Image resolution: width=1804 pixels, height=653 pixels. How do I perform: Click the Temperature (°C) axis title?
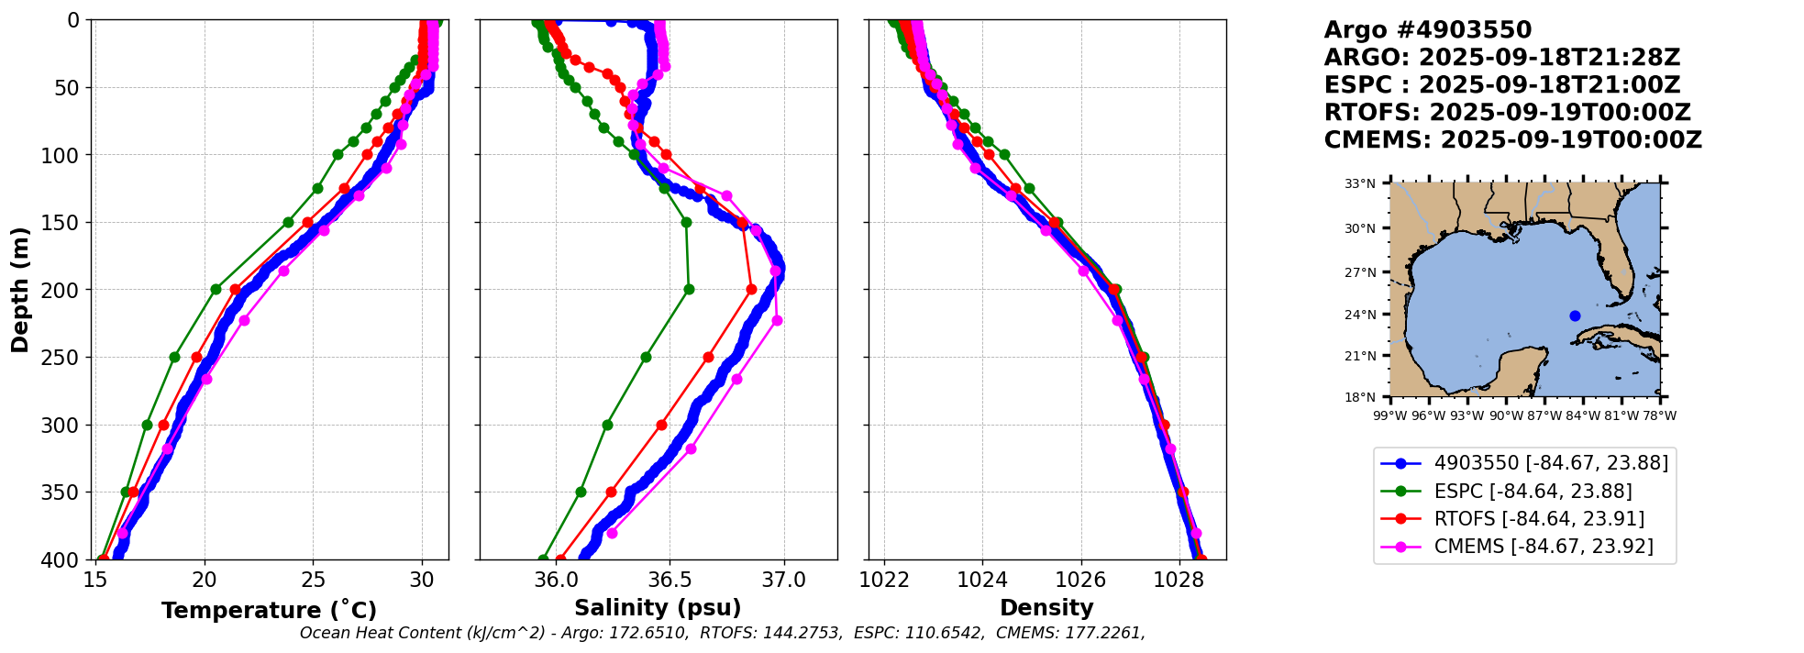point(269,611)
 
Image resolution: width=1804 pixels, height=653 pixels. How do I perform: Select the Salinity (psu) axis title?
point(658,608)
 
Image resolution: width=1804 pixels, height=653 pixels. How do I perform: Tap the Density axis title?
point(1046,608)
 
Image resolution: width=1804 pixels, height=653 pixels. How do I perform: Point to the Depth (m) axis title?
point(20,290)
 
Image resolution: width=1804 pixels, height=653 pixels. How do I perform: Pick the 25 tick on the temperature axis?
point(313,581)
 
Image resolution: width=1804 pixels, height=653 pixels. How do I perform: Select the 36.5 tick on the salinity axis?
point(670,581)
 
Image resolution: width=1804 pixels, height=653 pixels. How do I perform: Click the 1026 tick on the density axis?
point(1080,581)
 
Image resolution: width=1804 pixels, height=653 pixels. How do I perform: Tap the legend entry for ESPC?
point(1533,492)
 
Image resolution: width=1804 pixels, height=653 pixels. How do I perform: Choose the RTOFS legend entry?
point(1539,519)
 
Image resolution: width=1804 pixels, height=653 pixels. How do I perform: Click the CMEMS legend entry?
point(1544,547)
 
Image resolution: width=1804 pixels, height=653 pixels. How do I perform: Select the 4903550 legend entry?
point(1551,463)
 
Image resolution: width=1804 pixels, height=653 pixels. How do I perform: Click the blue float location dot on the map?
point(1575,315)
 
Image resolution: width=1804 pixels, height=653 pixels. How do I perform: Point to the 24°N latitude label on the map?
point(1360,315)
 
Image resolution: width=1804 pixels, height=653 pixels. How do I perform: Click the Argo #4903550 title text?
point(1427,30)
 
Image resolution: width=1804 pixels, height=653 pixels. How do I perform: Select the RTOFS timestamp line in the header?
point(1507,113)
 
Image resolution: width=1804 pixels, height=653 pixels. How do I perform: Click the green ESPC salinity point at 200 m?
point(689,290)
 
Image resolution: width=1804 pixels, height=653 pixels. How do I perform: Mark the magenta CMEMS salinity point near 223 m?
point(777,321)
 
